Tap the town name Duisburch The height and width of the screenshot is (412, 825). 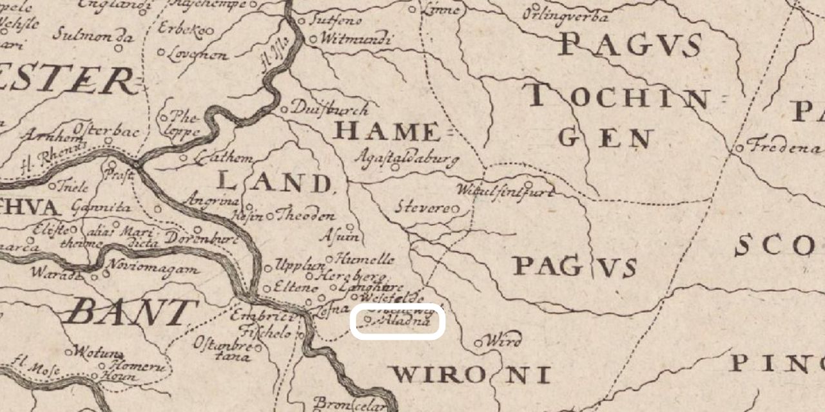pos(330,109)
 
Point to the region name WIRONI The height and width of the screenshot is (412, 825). pos(471,375)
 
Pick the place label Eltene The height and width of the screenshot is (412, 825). pos(296,288)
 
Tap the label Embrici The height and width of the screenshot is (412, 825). pos(266,317)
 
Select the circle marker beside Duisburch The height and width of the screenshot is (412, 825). pos(284,109)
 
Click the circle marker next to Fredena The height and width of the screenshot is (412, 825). pos(741,149)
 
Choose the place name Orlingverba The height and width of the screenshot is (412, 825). pos(565,14)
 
